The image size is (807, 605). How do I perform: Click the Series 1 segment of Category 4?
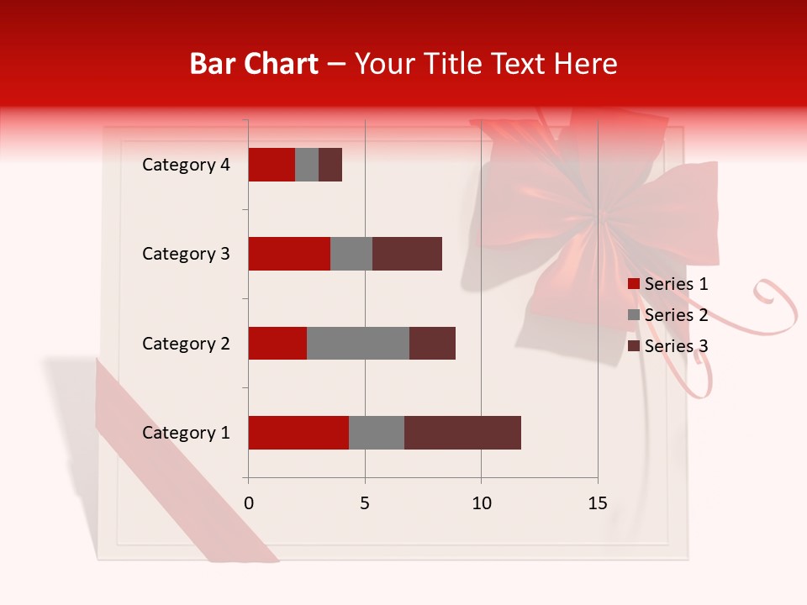pos(272,165)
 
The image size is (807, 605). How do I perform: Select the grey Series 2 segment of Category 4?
pos(307,165)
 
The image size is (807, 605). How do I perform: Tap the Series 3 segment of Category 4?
pos(330,165)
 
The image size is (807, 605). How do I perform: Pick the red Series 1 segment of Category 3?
pos(289,254)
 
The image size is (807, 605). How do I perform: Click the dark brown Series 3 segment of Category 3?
pos(407,254)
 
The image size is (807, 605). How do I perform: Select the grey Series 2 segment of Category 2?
pos(358,344)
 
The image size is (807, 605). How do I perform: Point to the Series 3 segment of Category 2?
pos(432,344)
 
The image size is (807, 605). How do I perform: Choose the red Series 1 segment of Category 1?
pos(298,433)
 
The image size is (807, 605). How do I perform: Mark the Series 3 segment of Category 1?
pos(462,433)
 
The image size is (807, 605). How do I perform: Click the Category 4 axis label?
pos(186,165)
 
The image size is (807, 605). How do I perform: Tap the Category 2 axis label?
pos(186,344)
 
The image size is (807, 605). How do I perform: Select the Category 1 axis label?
pos(186,433)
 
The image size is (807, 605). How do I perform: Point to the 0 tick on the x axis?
pos(249,503)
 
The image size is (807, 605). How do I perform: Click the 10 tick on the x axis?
pos(481,503)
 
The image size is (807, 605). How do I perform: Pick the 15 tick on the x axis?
pos(598,503)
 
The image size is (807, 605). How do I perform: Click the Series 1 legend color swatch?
pos(633,284)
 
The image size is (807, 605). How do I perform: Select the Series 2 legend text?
pos(676,315)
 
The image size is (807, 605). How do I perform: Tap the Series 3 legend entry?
pos(668,346)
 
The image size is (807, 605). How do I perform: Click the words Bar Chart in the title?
pos(254,63)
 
